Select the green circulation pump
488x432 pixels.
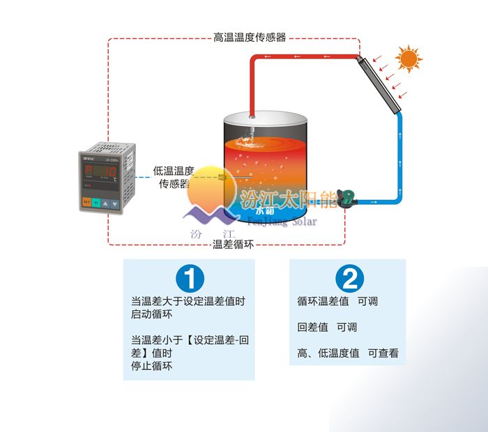(x=349, y=200)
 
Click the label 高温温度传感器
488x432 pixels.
(x=249, y=38)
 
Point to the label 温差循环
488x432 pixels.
(x=231, y=244)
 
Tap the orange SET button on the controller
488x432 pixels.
(x=86, y=203)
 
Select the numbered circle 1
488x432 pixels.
(x=190, y=279)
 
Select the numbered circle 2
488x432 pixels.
(x=349, y=279)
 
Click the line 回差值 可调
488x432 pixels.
(x=327, y=327)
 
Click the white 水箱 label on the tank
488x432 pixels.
(x=265, y=210)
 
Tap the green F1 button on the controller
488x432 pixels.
(x=97, y=203)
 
